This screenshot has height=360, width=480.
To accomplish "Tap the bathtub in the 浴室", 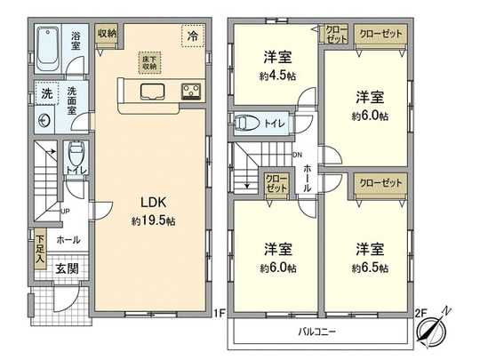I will [51, 43].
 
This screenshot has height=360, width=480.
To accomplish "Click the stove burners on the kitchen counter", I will [190, 90].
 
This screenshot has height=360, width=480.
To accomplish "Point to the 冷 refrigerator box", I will [193, 36].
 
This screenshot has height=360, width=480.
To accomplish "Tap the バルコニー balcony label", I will [316, 332].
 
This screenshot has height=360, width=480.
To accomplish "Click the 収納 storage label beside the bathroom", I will [107, 33].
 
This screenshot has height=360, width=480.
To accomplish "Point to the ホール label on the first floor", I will [68, 240].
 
